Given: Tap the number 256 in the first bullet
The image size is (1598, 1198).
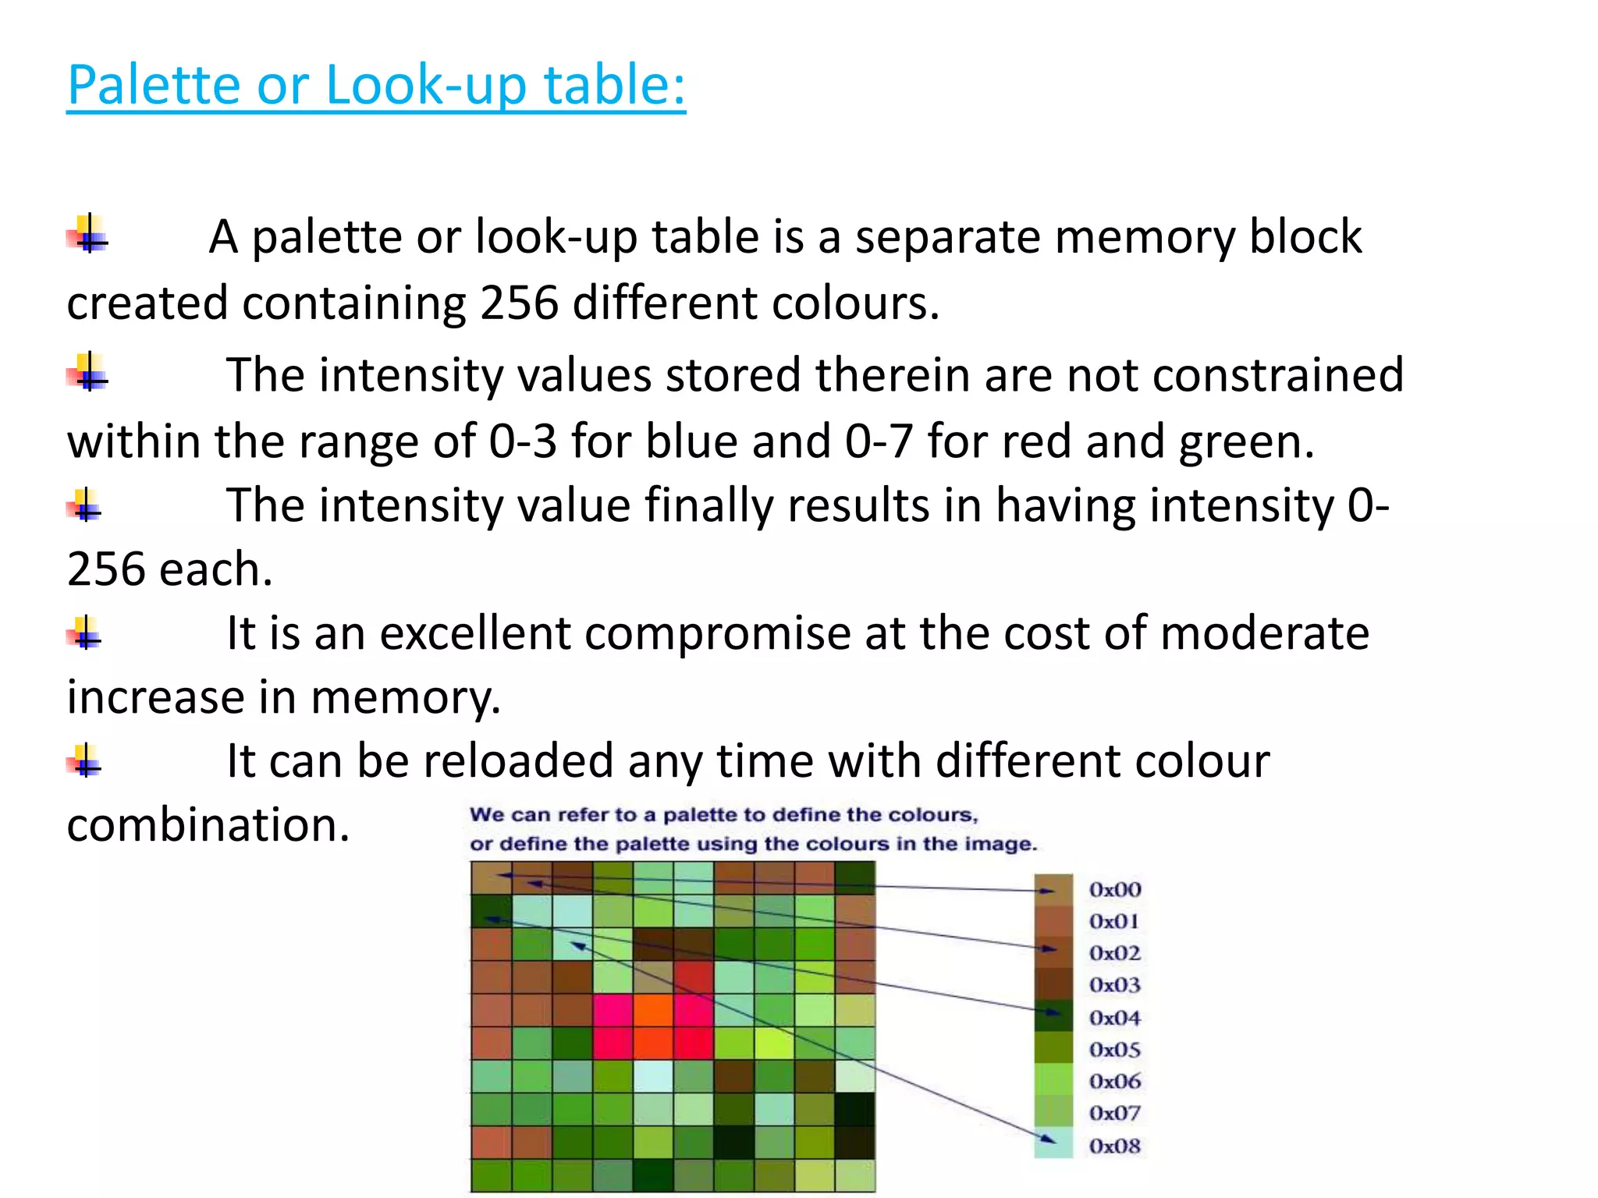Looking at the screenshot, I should pyautogui.click(x=519, y=303).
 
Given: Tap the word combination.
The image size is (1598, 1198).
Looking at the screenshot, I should pyautogui.click(x=208, y=825).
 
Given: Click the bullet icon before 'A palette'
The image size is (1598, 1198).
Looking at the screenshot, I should pyautogui.click(x=87, y=235).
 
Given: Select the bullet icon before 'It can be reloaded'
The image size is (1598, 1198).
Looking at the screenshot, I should pyautogui.click(x=84, y=760).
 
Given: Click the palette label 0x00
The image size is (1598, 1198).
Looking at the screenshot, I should pyautogui.click(x=1115, y=890).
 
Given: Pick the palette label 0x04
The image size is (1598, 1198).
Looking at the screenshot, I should pyautogui.click(x=1115, y=1018).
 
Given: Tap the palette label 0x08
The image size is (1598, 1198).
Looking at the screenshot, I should pyautogui.click(x=1115, y=1146).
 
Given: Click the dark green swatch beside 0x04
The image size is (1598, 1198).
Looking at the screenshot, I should pyautogui.click(x=1053, y=1017).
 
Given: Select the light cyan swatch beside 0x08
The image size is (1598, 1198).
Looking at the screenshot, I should pyautogui.click(x=1053, y=1144).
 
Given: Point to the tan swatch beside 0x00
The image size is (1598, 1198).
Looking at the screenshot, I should pyautogui.click(x=1053, y=889).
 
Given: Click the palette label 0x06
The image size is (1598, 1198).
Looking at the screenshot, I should pyautogui.click(x=1115, y=1082).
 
